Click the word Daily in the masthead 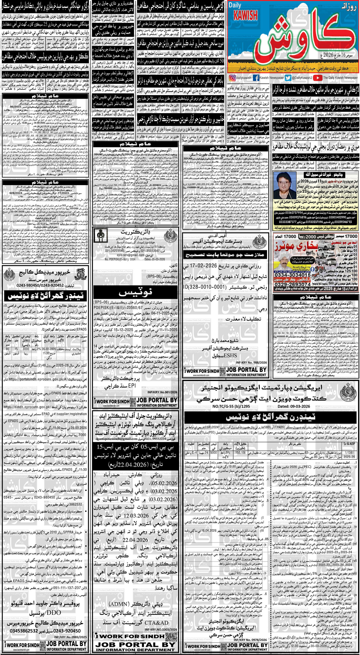click(x=235, y=5)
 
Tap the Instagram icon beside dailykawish click(x=232, y=78)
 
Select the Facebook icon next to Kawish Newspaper click(x=256, y=78)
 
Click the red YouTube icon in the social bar click(x=317, y=78)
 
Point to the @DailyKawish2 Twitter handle click(x=301, y=78)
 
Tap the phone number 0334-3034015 click(x=292, y=275)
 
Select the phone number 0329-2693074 click(x=292, y=284)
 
